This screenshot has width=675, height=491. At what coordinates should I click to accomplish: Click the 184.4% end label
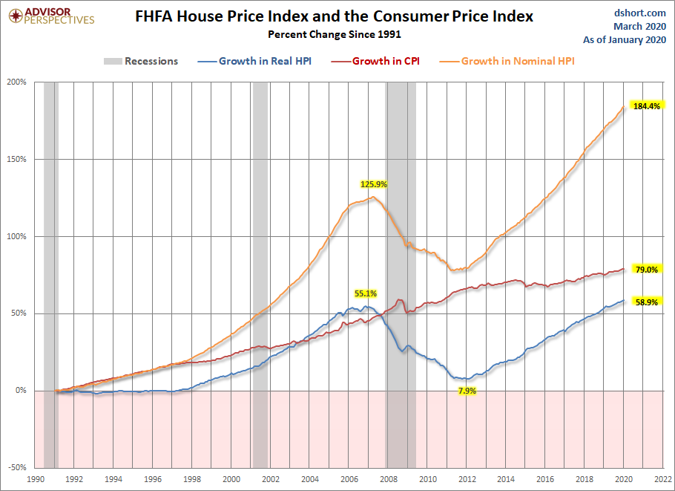pyautogui.click(x=647, y=106)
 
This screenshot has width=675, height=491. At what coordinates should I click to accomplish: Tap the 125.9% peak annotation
pyautogui.click(x=374, y=184)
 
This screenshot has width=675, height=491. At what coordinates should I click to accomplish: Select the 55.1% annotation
pyautogui.click(x=366, y=293)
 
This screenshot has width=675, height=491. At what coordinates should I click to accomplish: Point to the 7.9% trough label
pyautogui.click(x=467, y=391)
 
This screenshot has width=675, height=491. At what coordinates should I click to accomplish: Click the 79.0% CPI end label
pyautogui.click(x=647, y=270)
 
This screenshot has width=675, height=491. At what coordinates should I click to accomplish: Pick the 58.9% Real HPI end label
pyautogui.click(x=647, y=302)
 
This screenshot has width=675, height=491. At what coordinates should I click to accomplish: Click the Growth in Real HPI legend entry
pyautogui.click(x=254, y=61)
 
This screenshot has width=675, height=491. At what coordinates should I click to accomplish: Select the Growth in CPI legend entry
pyautogui.click(x=375, y=61)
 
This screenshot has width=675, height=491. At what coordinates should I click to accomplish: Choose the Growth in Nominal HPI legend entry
pyautogui.click(x=507, y=61)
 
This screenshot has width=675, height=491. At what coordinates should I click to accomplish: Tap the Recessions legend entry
pyautogui.click(x=141, y=61)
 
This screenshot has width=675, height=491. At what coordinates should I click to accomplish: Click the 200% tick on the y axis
pyautogui.click(x=17, y=82)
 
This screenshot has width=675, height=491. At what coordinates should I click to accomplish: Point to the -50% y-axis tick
pyautogui.click(x=17, y=467)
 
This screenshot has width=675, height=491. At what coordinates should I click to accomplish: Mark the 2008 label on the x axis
pyautogui.click(x=389, y=479)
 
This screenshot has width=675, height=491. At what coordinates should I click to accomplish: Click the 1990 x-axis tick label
pyautogui.click(x=36, y=479)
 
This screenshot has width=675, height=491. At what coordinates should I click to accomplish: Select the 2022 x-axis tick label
pyautogui.click(x=663, y=479)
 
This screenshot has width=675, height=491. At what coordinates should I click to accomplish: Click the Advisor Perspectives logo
pyautogui.click(x=51, y=16)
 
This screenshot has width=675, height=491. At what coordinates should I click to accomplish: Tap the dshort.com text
pyautogui.click(x=640, y=13)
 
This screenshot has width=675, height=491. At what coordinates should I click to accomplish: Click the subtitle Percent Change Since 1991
pyautogui.click(x=335, y=34)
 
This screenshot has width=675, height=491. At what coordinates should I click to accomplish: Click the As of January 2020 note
pyautogui.click(x=625, y=39)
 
